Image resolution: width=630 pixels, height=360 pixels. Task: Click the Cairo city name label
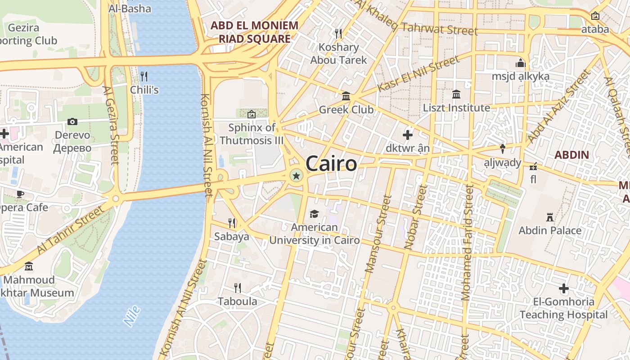pos(331,164)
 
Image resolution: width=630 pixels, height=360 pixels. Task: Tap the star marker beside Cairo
pos(296,176)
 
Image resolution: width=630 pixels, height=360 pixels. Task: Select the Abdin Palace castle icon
pos(549,217)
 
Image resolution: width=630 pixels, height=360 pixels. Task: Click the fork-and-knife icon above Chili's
pos(144,76)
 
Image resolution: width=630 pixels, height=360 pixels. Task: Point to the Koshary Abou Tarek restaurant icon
pos(338,33)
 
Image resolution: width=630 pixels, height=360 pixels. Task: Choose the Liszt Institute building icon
pos(456,94)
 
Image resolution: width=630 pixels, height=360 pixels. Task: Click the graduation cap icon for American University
pos(314,214)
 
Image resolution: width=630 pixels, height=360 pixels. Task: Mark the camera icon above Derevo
pos(72,121)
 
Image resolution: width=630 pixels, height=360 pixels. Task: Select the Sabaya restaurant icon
pos(232,222)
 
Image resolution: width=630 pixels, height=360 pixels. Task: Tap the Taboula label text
pos(238,301)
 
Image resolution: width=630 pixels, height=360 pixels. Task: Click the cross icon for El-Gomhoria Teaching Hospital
pos(564,288)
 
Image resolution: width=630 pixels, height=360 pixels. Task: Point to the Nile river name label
pos(132,315)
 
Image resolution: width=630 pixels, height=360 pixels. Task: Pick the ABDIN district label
pos(571,155)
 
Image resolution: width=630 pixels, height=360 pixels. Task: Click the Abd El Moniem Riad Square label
pos(255,32)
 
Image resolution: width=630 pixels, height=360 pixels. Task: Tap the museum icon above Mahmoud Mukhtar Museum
pos(29,266)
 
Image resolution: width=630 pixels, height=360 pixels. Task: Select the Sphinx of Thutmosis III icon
pos(252,114)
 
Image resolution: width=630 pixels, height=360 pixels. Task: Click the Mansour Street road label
pos(375,234)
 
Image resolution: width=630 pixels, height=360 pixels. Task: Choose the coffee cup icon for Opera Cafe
pos(20,194)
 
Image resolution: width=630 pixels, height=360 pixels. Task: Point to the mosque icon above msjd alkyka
pos(521,63)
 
